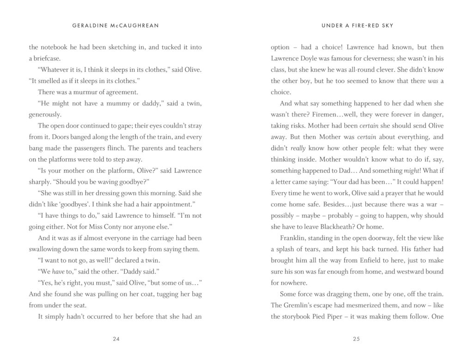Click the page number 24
point(116,339)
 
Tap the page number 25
point(357,339)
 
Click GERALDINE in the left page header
point(91,25)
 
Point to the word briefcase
point(44,59)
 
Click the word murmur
point(80,92)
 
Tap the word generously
point(45,114)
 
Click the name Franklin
point(294,238)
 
